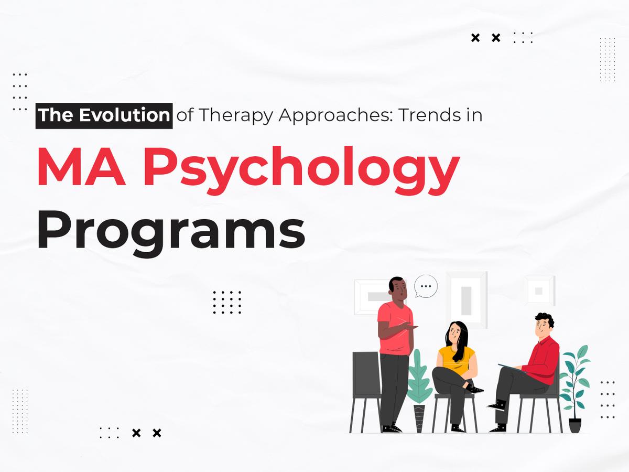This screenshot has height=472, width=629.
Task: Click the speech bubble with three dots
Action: point(426,286)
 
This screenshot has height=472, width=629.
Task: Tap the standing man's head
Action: point(396,289)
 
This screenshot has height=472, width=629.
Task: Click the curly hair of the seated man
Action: point(544,319)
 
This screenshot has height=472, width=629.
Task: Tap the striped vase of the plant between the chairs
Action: point(419,417)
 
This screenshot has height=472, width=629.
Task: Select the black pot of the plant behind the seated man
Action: point(575,424)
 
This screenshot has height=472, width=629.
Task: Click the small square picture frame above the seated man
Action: point(538,290)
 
